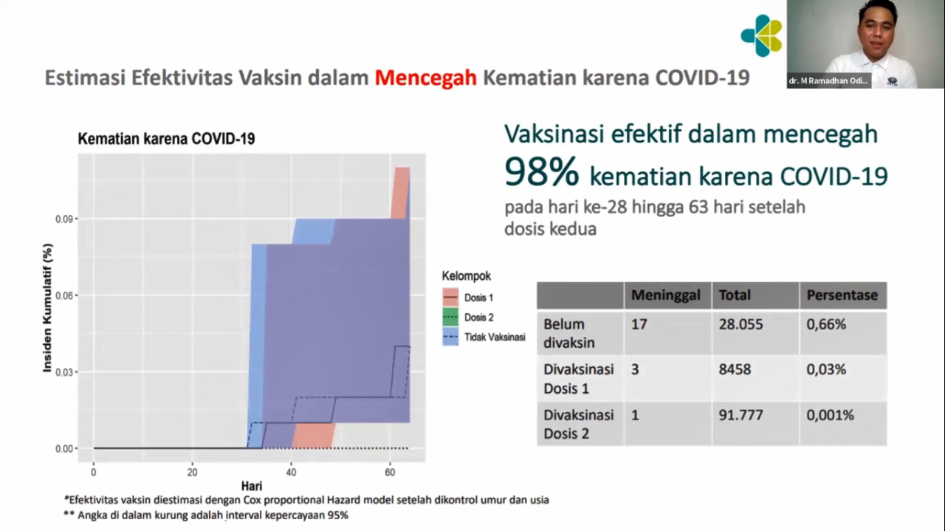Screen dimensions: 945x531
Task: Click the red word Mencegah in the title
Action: pos(426,78)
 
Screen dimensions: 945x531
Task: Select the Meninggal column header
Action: pos(666,295)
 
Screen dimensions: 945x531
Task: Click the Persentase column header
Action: pos(842,295)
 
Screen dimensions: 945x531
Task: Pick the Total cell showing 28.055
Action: pos(740,324)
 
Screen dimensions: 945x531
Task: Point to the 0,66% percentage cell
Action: pos(826,324)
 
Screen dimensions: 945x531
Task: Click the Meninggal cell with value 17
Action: pos(639,324)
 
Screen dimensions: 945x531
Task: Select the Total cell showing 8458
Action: pos(735,369)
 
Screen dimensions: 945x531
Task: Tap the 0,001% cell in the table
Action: pos(831,415)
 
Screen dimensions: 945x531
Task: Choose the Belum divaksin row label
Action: pos(568,334)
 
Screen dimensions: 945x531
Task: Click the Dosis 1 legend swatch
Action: pos(450,297)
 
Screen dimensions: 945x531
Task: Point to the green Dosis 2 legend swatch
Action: pos(450,317)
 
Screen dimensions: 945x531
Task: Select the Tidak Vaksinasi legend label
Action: pos(495,337)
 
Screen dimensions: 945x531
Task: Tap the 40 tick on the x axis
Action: pos(291,473)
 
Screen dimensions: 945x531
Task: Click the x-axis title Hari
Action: pos(252,486)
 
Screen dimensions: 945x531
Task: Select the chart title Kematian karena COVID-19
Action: pos(166,138)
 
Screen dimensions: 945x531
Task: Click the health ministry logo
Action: pos(762,35)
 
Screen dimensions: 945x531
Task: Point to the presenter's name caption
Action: pos(828,80)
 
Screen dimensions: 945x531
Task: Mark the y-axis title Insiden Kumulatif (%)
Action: pos(47,308)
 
